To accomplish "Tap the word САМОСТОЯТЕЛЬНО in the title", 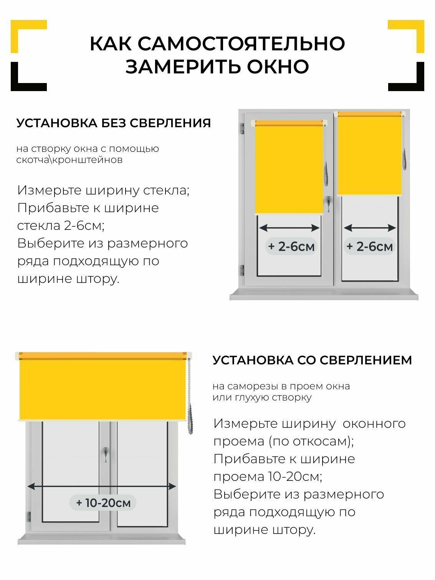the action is click(241, 43).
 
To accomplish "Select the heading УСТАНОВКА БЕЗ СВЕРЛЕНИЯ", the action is click(114, 123).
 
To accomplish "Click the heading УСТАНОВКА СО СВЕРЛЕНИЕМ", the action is click(312, 360).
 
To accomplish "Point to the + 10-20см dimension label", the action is click(103, 502).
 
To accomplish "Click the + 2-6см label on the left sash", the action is click(291, 246).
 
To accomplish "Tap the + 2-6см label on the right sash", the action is click(369, 246).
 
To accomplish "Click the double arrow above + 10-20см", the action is click(102, 487).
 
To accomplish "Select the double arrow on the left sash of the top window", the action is click(289, 228).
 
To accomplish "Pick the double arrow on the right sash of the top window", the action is click(370, 228).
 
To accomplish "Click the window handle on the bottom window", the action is click(105, 454).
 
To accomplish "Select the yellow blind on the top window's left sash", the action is click(289, 167).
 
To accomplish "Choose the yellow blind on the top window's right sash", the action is click(369, 154).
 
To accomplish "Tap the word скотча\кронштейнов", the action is click(69, 160).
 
